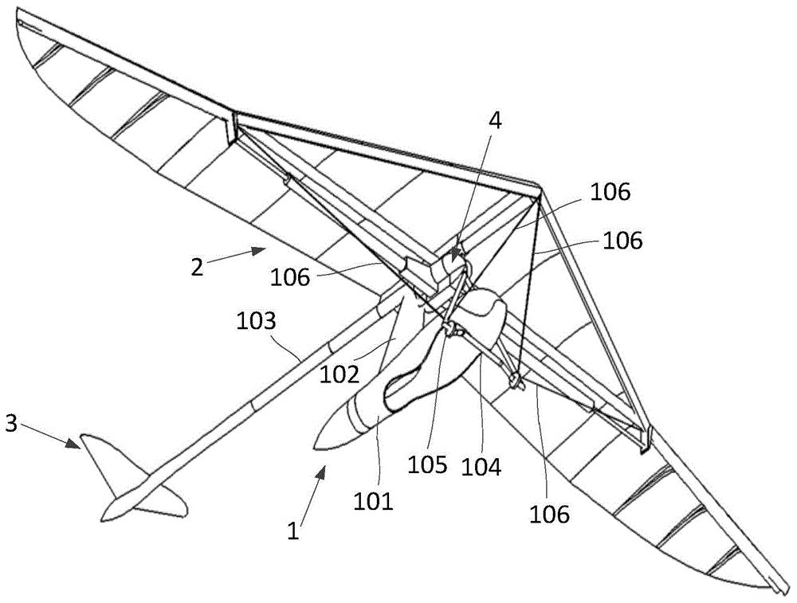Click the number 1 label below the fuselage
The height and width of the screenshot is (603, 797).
293,530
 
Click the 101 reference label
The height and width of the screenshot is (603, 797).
375,500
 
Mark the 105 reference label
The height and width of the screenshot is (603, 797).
428,464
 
